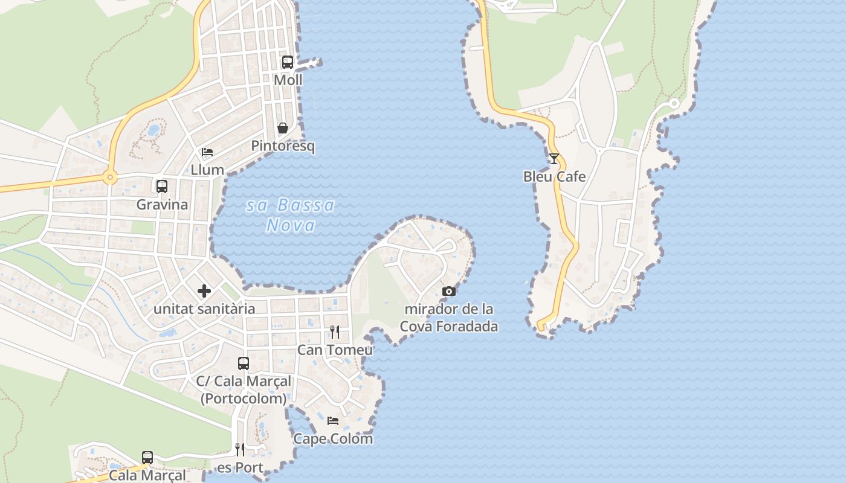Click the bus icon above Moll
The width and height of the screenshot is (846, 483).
(x=288, y=62)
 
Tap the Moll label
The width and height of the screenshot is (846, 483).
(x=288, y=80)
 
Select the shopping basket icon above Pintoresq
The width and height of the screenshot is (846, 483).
(x=282, y=128)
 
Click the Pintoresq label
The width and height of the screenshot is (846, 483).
(x=283, y=146)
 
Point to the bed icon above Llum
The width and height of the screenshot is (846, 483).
(x=207, y=152)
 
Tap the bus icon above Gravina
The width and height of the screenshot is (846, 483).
(x=162, y=186)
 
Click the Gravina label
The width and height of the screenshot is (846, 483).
(x=162, y=204)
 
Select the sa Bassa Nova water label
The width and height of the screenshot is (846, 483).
(x=291, y=216)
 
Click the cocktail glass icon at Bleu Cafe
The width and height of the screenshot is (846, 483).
(x=554, y=159)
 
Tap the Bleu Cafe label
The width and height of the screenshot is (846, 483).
(x=554, y=177)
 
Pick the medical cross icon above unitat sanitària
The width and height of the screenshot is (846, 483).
(x=204, y=291)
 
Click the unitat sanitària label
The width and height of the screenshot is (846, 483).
(x=204, y=309)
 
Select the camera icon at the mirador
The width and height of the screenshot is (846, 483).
(x=448, y=291)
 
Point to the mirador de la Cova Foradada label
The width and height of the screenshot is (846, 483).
(x=448, y=318)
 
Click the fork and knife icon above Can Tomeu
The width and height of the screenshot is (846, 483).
(x=335, y=332)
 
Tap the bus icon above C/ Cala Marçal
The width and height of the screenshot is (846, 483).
(x=244, y=363)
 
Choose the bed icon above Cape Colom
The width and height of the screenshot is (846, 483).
(x=333, y=421)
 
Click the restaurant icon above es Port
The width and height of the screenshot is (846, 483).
(x=240, y=450)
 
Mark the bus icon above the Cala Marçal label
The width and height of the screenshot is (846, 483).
(x=147, y=457)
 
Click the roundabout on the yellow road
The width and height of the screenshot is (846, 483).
(x=110, y=178)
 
